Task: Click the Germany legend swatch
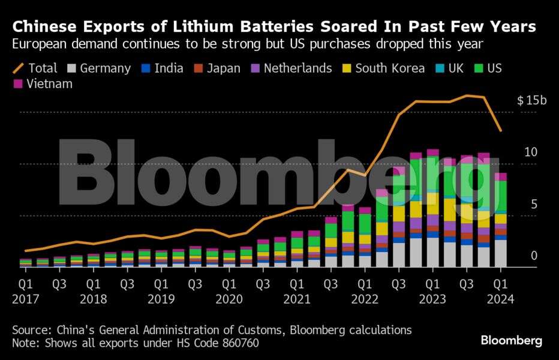click(x=72, y=68)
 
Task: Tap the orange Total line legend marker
click(x=18, y=68)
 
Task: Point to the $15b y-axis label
click(x=531, y=101)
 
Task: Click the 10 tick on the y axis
click(x=530, y=152)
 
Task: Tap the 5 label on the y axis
click(x=534, y=205)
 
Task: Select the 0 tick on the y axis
click(x=534, y=256)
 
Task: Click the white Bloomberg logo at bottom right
click(x=511, y=340)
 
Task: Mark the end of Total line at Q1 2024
click(x=501, y=131)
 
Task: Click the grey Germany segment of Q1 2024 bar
click(x=501, y=253)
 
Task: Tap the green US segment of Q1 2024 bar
click(x=501, y=196)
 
